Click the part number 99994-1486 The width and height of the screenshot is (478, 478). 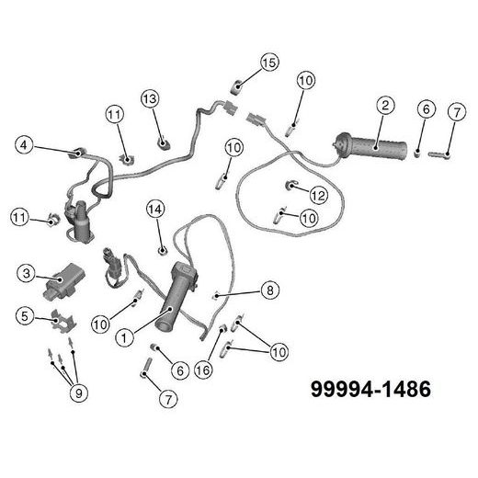pyautogui.click(x=370, y=390)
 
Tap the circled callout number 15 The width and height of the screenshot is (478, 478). pyautogui.click(x=269, y=63)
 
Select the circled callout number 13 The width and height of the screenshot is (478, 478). pyautogui.click(x=150, y=99)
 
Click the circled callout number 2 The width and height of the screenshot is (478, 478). pyautogui.click(x=385, y=106)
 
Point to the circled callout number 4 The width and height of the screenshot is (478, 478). pyautogui.click(x=24, y=145)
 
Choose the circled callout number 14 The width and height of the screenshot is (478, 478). pyautogui.click(x=155, y=210)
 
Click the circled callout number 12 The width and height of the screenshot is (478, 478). pyautogui.click(x=319, y=195)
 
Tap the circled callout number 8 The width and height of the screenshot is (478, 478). pyautogui.click(x=270, y=290)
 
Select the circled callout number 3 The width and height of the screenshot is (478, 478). pyautogui.click(x=27, y=273)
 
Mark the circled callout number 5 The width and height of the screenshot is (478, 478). pyautogui.click(x=25, y=316)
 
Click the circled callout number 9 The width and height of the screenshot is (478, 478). pyautogui.click(x=79, y=393)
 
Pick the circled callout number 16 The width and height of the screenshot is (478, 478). pyautogui.click(x=203, y=370)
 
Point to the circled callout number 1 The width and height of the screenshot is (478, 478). pyautogui.click(x=124, y=338)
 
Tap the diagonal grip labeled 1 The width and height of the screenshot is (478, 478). pyautogui.click(x=176, y=297)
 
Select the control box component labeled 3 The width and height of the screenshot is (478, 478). pyautogui.click(x=63, y=282)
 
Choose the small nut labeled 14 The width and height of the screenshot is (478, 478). pyautogui.click(x=162, y=251)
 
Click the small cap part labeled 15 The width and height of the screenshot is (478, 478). pyautogui.click(x=236, y=87)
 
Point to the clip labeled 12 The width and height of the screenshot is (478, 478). pyautogui.click(x=290, y=185)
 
